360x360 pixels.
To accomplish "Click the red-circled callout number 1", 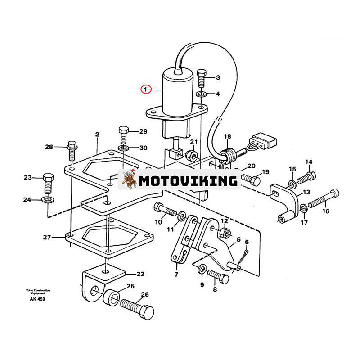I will (145, 90).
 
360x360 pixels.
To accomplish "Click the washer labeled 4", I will (201, 94).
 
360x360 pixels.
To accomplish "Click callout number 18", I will (227, 136).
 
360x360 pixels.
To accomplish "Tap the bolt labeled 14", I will (306, 177).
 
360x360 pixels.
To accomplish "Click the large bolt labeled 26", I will (137, 309).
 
